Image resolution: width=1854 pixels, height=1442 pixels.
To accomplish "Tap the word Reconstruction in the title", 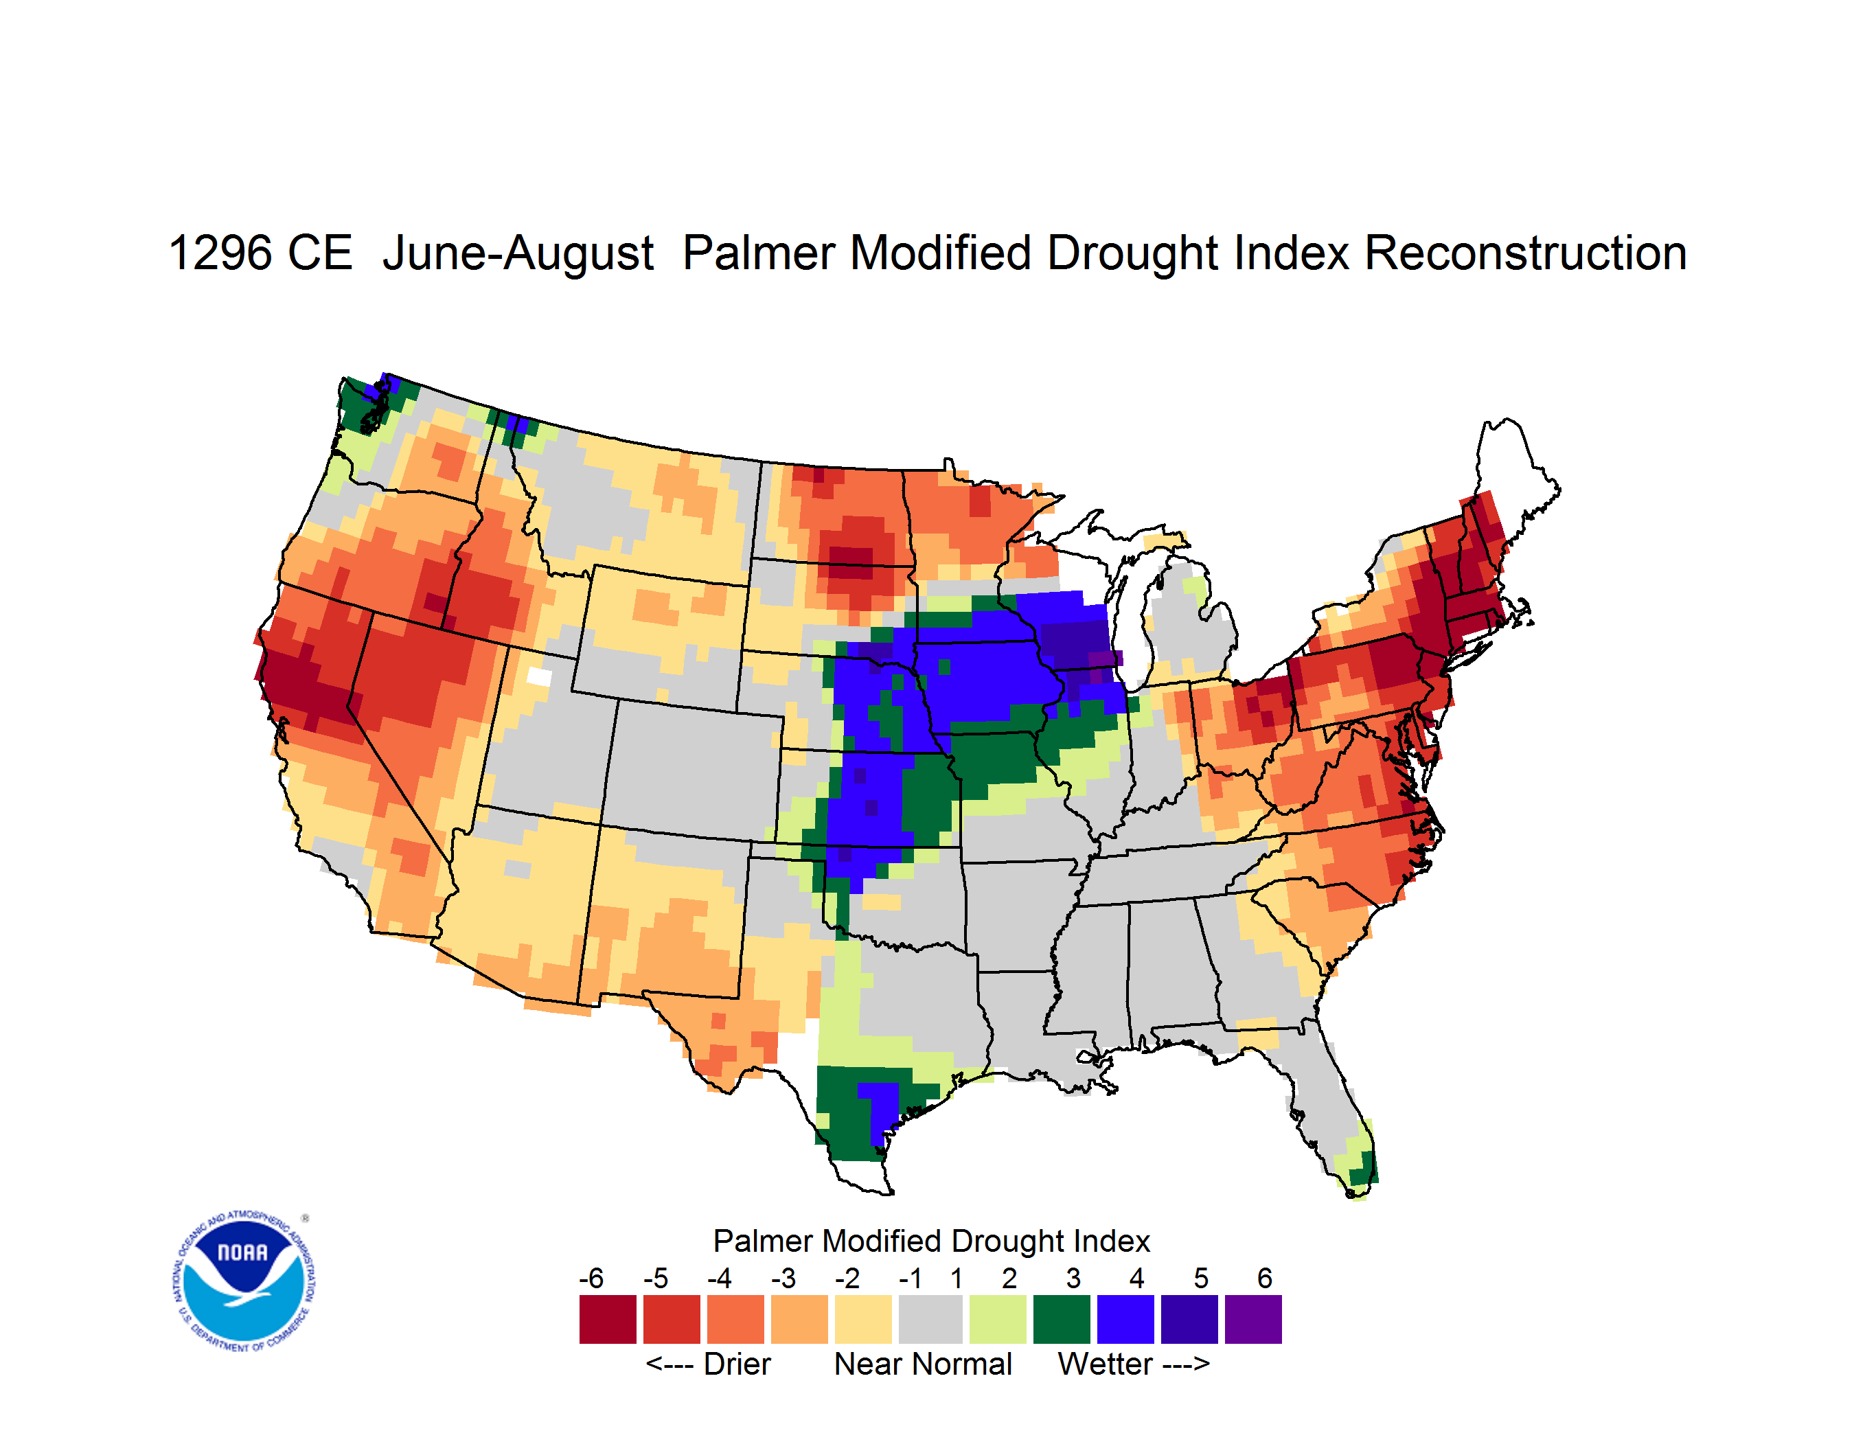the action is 1526,253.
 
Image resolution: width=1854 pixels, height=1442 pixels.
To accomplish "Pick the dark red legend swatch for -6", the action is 608,1319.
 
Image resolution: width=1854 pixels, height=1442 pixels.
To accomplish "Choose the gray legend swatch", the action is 930,1319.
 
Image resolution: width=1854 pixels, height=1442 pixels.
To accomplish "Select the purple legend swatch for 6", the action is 1253,1319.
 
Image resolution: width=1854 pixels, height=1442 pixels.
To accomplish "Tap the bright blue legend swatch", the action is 1125,1319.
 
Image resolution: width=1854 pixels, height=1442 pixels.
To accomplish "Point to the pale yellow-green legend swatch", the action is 998,1319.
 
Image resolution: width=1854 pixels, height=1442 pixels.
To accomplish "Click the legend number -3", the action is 783,1277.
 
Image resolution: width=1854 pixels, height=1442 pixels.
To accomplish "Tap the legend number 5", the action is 1201,1277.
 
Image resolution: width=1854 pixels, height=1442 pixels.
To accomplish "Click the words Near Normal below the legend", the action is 923,1364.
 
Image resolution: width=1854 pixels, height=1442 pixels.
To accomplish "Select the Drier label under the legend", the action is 737,1364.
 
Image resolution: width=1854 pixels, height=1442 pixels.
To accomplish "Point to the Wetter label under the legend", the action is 1106,1364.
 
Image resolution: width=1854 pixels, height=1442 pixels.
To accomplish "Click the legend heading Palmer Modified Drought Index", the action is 931,1241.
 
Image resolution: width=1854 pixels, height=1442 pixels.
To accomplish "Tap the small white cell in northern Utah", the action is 539,676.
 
